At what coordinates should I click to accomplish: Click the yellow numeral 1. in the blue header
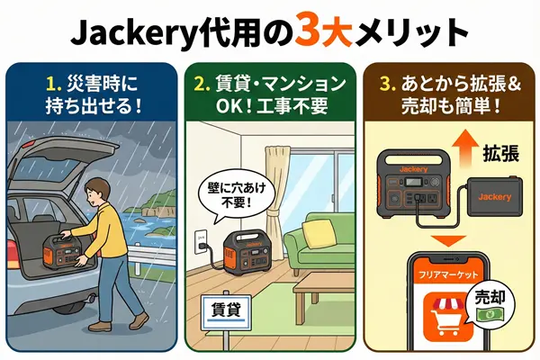54,84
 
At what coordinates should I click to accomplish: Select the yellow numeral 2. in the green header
202,84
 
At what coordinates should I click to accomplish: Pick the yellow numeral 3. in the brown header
387,84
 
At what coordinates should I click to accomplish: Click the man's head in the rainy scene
97,193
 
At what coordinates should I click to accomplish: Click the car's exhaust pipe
88,298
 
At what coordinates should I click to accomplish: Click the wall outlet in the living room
201,242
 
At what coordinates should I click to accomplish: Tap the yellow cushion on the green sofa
319,233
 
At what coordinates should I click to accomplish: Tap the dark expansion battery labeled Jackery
494,197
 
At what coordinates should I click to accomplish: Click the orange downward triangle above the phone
449,241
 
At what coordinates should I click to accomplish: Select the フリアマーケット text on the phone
448,275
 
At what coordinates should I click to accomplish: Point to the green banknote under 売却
490,314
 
